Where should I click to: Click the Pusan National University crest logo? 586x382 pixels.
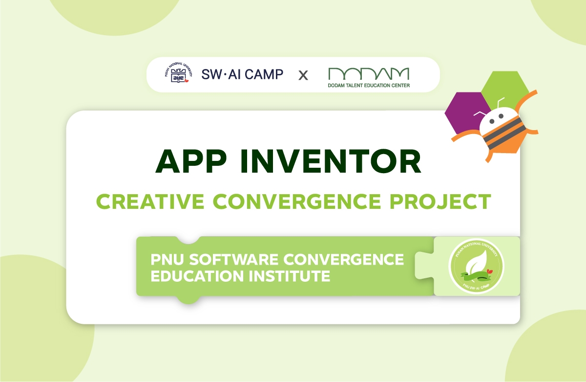pyautogui.click(x=179, y=73)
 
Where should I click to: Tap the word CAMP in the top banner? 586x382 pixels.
pyautogui.click(x=264, y=74)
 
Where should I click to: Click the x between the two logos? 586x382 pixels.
pyautogui.click(x=303, y=76)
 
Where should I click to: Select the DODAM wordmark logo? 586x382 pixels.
pyautogui.click(x=369, y=74)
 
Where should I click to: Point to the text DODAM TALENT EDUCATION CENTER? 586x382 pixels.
pyautogui.click(x=369, y=86)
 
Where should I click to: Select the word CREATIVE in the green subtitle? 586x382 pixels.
pyautogui.click(x=150, y=202)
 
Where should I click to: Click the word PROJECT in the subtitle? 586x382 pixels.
pyautogui.click(x=440, y=202)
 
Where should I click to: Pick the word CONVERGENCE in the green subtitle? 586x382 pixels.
pyautogui.click(x=297, y=202)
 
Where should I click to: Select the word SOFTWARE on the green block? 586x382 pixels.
pyautogui.click(x=233, y=260)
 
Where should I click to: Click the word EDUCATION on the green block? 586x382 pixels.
pyautogui.click(x=197, y=276)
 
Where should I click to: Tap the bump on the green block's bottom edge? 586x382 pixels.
pyautogui.click(x=188, y=300)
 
